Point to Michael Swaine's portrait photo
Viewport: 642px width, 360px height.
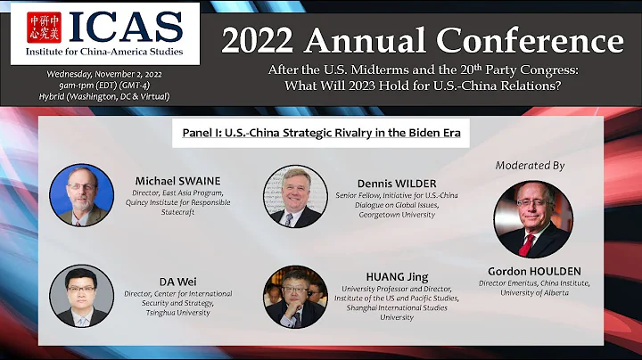click(x=81, y=194)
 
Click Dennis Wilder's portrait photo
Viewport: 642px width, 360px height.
click(x=293, y=194)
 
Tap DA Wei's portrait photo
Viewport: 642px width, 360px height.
click(x=81, y=295)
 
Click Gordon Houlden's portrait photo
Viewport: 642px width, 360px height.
click(x=532, y=219)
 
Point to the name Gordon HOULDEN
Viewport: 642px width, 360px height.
click(x=532, y=270)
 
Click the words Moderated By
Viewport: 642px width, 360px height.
click(x=532, y=166)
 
